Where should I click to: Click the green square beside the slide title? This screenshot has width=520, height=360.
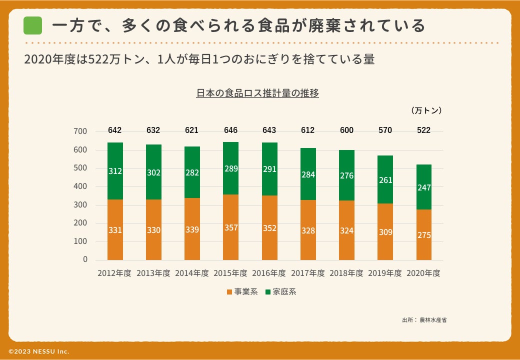click(33, 25)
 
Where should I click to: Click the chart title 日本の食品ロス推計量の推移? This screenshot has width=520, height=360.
click(257, 93)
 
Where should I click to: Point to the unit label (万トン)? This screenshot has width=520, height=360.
click(426, 110)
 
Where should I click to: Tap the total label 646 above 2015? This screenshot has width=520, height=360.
click(230, 130)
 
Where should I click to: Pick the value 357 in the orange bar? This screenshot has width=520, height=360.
click(230, 228)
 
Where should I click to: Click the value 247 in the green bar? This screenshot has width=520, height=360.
click(424, 187)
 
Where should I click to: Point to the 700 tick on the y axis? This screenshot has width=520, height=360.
click(80, 131)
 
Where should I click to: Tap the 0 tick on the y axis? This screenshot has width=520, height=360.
click(85, 259)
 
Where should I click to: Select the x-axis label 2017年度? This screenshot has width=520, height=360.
click(308, 273)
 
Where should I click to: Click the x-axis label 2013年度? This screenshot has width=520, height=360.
click(153, 273)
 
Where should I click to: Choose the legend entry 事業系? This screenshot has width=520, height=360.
click(242, 292)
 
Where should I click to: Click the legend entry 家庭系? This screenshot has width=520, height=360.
click(281, 292)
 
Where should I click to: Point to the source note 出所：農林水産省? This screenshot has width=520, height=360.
click(424, 319)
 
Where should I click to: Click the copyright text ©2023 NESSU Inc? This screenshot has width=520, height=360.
click(38, 351)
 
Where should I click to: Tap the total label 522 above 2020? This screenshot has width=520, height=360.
click(424, 130)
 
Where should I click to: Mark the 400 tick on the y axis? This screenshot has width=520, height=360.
click(80, 186)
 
